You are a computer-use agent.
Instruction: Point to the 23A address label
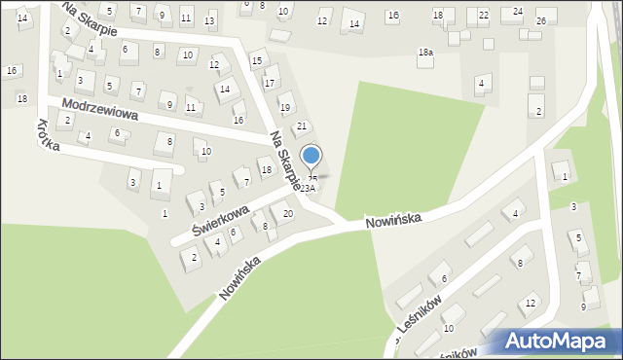(x=308, y=188)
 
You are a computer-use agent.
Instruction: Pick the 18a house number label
(x=425, y=53)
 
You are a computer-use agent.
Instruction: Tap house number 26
(x=541, y=20)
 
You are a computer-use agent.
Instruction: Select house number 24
(x=518, y=11)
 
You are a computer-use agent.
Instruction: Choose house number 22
(x=484, y=15)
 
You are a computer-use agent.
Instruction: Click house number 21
(x=302, y=126)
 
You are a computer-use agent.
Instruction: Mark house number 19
(x=285, y=107)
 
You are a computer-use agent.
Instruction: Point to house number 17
(x=270, y=83)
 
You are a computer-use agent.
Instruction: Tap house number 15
(x=257, y=61)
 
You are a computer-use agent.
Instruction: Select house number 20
(x=287, y=213)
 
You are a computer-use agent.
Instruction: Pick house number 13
(x=209, y=19)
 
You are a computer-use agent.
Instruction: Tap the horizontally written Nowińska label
(x=393, y=221)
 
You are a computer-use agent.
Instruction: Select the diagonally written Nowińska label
(x=240, y=277)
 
